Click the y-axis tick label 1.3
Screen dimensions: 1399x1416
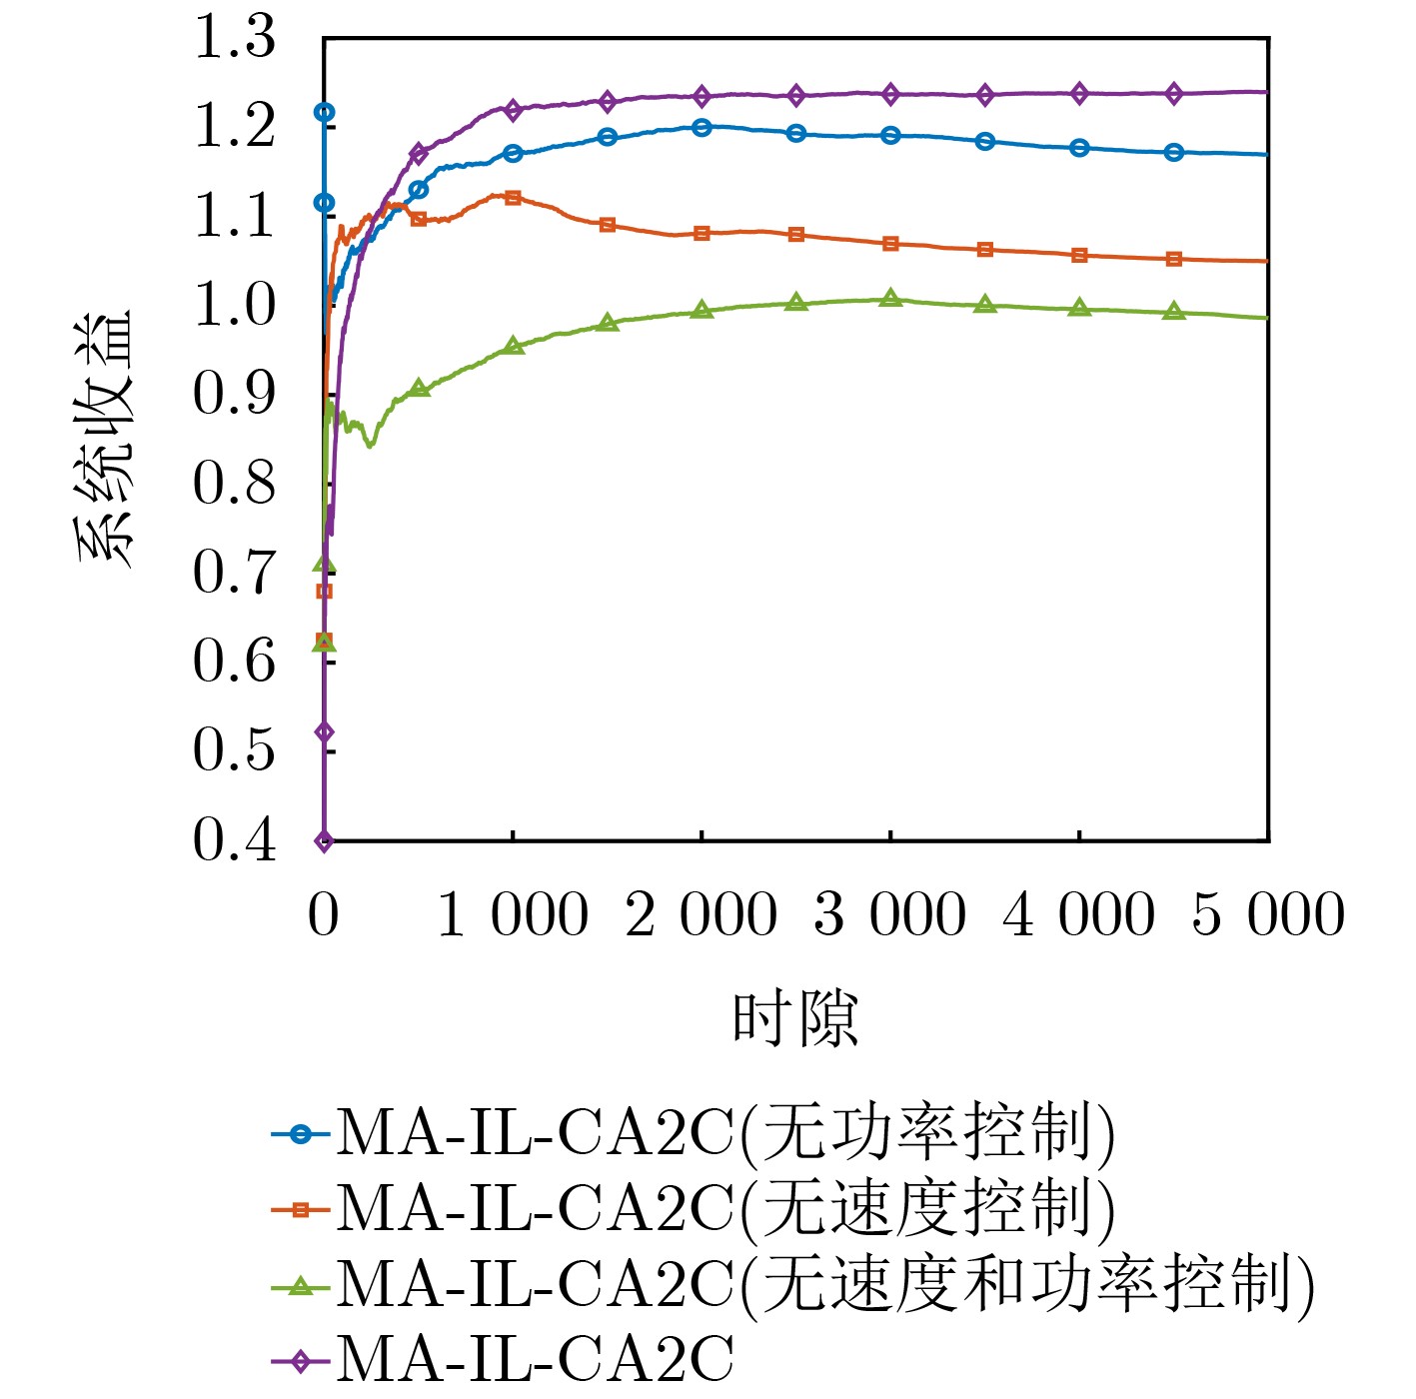(234, 38)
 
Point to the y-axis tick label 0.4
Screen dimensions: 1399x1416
(234, 839)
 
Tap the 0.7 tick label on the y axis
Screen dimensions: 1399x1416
(234, 573)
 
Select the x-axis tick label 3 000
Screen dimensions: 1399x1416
(889, 915)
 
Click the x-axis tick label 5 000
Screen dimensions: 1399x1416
(1268, 915)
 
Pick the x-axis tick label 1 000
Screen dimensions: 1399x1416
(513, 915)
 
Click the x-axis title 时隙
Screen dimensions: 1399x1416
(795, 1019)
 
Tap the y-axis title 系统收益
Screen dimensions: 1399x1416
(103, 440)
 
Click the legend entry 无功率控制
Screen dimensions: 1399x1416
(724, 1134)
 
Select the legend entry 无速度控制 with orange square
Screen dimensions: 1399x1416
(724, 1209)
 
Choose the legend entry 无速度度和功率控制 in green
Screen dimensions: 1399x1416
(824, 1284)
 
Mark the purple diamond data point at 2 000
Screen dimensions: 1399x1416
(702, 96)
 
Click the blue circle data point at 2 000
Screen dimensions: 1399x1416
(702, 127)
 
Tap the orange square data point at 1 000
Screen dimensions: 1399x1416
(513, 198)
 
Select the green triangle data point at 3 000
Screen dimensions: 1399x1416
(890, 298)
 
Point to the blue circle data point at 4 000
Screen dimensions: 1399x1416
(1079, 148)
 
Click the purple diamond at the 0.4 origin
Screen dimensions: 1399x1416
(324, 840)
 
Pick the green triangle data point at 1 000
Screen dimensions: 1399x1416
(513, 346)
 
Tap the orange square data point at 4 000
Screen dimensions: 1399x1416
(1079, 256)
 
